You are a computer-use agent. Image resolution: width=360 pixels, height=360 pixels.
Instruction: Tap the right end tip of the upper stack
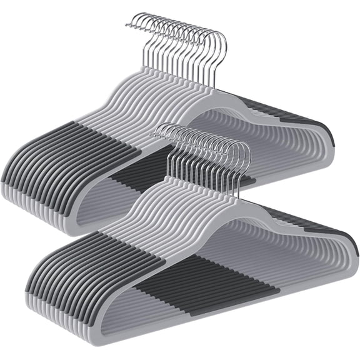pyautogui.click(x=330, y=141)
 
